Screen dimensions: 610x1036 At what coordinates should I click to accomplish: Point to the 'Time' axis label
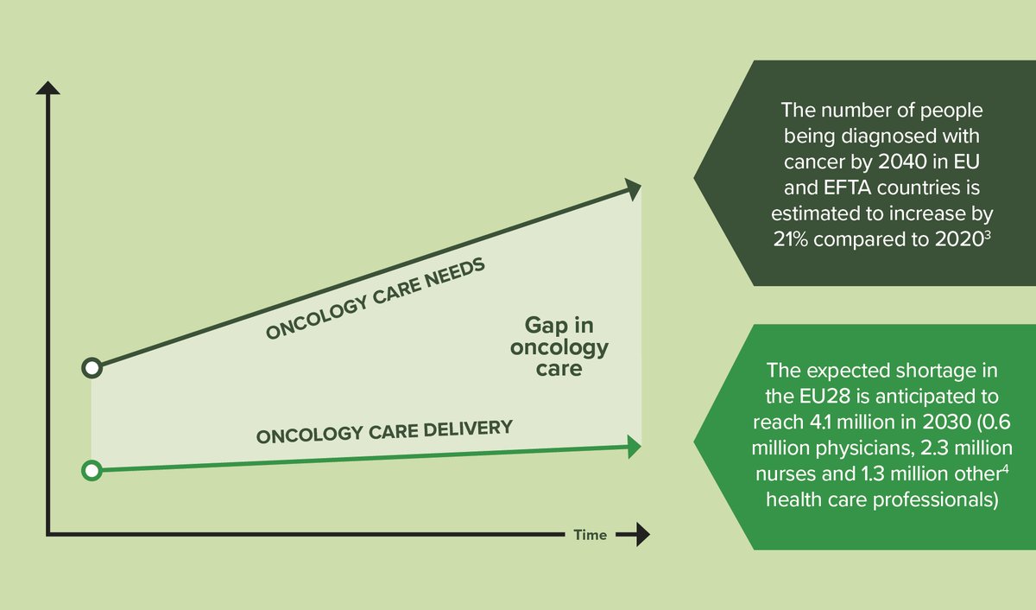click(591, 535)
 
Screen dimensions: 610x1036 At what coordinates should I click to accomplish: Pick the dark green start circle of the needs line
click(92, 368)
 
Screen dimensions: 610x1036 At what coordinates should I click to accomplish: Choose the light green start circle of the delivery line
click(92, 471)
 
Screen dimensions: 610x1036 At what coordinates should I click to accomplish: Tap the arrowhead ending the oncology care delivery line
click(634, 447)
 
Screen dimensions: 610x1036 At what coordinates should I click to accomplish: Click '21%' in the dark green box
click(793, 240)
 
